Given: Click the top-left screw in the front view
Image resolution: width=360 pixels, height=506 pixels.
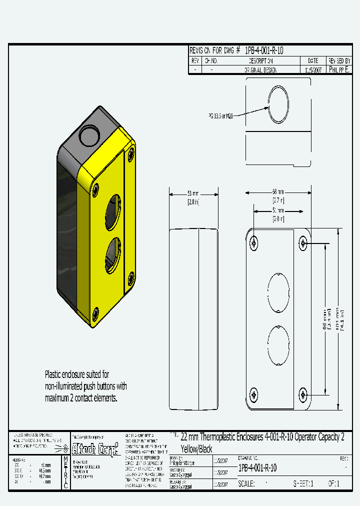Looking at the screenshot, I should click(254, 243).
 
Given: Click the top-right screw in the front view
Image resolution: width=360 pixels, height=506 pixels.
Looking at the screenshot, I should click(303, 243).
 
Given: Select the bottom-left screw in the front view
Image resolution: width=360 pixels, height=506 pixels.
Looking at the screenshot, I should click(254, 395).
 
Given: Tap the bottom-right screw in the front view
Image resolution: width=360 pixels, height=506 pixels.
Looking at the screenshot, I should click(303, 395).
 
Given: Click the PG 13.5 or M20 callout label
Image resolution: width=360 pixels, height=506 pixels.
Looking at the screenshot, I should click(221, 115).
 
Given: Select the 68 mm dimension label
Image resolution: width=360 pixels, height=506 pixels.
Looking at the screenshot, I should click(278, 192).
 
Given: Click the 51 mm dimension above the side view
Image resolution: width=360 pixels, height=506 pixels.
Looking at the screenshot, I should click(193, 193).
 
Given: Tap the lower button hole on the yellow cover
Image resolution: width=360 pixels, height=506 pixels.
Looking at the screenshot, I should click(113, 255).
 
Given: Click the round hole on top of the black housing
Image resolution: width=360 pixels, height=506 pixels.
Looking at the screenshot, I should click(90, 133).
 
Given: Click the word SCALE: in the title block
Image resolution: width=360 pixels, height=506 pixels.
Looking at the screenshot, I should click(247, 483).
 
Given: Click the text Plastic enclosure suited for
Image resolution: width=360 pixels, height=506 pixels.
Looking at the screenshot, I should click(77, 374).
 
